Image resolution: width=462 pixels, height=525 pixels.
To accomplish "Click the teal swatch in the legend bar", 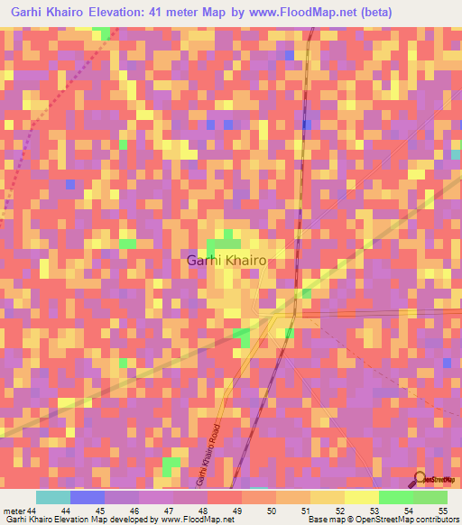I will (53, 497).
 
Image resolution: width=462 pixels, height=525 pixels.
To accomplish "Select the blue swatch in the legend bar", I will (88, 497).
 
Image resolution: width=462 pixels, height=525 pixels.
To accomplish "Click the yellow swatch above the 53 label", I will (362, 497).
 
